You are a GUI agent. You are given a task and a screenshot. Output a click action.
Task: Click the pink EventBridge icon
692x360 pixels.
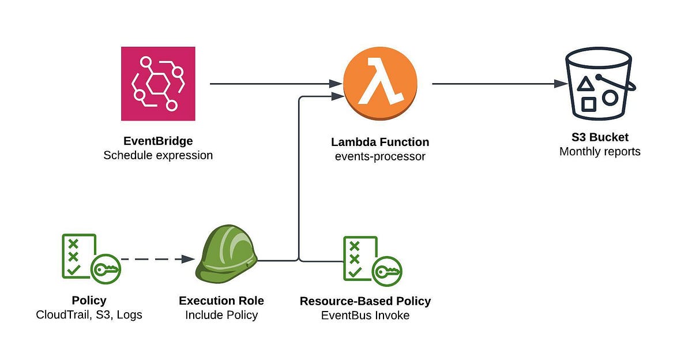[158, 84]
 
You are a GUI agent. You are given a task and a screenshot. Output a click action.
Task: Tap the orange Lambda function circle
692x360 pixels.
[380, 84]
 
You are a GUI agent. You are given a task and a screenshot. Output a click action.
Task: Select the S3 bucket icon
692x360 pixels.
[599, 84]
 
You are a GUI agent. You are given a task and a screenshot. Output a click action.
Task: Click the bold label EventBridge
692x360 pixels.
[158, 141]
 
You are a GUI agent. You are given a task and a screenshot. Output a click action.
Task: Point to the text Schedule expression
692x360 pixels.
[158, 155]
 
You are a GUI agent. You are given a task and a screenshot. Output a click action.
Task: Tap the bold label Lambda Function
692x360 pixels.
[380, 142]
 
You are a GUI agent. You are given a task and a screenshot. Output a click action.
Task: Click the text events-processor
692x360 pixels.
[380, 156]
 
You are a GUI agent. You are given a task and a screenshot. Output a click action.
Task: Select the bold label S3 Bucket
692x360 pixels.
[600, 137]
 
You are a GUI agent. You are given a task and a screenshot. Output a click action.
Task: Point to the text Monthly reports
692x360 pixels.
[600, 152]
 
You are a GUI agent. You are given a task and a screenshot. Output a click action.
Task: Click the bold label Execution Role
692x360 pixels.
[221, 301]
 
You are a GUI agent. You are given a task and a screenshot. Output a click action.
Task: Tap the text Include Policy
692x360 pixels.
[221, 315]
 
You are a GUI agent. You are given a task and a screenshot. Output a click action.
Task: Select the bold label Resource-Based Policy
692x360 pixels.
[365, 301]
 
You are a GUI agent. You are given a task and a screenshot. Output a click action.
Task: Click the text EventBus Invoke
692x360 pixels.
[365, 316]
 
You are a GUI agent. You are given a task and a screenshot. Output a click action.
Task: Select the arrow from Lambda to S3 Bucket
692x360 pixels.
[499, 84]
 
